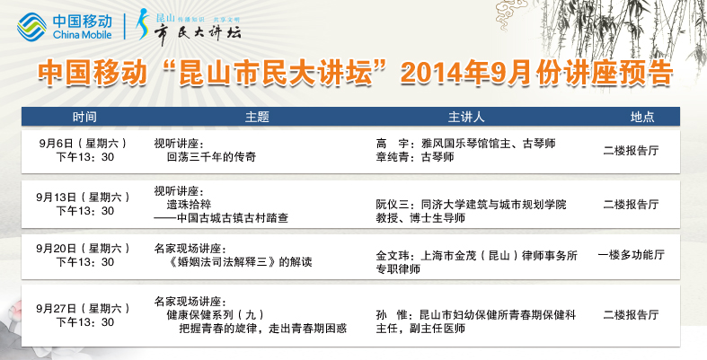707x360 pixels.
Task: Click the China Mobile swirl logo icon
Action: point(31,27)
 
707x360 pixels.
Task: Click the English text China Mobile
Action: point(82,35)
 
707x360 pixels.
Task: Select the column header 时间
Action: point(84,117)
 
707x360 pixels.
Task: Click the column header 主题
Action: point(257,117)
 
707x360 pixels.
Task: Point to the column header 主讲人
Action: point(465,117)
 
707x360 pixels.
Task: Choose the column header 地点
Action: point(642,117)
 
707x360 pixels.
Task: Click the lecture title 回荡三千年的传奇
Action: point(211,157)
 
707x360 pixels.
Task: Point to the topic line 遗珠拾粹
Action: point(189,205)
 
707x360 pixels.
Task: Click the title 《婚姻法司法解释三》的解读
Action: point(239,262)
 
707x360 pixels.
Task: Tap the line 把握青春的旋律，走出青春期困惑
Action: point(263,329)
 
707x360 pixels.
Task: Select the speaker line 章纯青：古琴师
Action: point(415,157)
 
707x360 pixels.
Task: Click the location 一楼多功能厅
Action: point(632,255)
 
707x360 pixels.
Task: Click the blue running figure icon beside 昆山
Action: point(143,24)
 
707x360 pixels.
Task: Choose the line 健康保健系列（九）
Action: point(215,314)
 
